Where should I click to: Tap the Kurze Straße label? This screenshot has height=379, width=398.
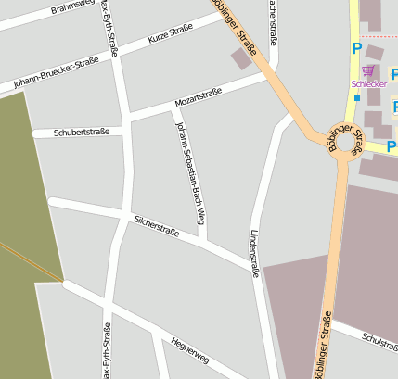click(x=170, y=35)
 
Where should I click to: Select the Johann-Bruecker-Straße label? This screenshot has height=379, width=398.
click(x=56, y=74)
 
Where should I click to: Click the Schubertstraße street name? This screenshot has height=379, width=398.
click(x=82, y=132)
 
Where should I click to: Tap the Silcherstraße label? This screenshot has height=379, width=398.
click(x=156, y=223)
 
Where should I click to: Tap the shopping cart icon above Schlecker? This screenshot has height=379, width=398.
click(x=367, y=70)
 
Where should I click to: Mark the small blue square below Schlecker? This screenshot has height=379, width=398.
click(x=356, y=98)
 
